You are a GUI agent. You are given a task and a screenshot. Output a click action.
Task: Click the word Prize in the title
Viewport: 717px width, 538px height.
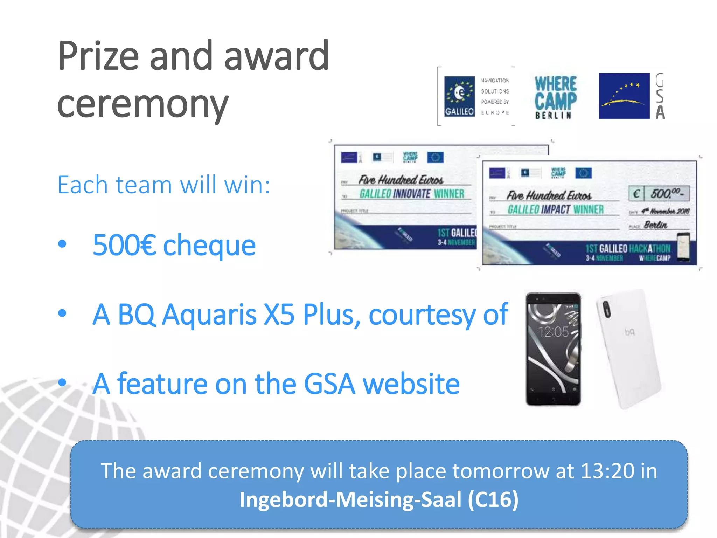pos(98,56)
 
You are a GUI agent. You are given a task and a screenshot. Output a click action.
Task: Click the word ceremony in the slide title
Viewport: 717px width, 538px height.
pos(143,104)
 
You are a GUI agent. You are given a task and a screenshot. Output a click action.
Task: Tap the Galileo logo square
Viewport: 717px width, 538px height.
pos(459,96)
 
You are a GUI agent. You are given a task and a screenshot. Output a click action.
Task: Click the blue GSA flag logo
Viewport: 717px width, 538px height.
pos(624,96)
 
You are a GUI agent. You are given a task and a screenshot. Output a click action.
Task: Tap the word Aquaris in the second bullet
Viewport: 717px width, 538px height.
pos(210,314)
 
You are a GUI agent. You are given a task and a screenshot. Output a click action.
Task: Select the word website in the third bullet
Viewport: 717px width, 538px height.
pos(411,384)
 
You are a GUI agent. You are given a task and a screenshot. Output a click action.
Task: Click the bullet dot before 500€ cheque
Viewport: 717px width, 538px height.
pos(62,244)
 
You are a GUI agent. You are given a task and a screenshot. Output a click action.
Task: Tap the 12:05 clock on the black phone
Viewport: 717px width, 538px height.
pos(554,332)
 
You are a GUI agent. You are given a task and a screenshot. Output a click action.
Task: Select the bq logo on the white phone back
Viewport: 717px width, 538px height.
pos(629,332)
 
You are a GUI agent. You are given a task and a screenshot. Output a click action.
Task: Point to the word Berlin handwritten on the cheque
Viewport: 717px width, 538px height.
pos(655,225)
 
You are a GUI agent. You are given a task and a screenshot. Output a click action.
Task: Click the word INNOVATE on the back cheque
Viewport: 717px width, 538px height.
pos(412,194)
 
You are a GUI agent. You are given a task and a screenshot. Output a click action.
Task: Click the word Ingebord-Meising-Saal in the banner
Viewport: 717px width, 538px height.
pos(350,499)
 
